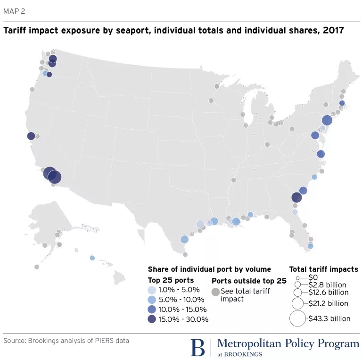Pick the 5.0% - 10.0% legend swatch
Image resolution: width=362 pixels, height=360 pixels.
point(151,300)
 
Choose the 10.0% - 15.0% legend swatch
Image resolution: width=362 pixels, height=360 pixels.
point(151,310)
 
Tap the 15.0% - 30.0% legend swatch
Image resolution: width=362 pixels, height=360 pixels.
point(151,319)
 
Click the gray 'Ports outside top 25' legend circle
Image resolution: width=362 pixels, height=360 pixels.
point(215,292)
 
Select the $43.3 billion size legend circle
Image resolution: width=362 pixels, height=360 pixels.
point(298,318)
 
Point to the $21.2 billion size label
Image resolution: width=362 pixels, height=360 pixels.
point(328,303)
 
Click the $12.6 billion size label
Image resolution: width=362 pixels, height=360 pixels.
point(328,293)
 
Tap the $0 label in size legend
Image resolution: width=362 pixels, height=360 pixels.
point(313,277)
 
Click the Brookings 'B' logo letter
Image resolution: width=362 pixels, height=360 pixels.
point(198,347)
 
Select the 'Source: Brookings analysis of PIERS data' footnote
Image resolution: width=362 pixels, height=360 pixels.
point(66,340)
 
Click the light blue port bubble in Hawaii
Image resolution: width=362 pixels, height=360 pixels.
point(92,258)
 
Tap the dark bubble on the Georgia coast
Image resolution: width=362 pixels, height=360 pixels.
point(296,198)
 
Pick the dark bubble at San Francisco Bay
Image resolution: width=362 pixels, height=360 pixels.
point(31,136)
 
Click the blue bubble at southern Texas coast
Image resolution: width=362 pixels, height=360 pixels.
point(184,239)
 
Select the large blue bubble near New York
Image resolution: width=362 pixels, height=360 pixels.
point(327,120)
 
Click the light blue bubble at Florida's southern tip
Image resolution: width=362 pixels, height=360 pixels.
point(310,246)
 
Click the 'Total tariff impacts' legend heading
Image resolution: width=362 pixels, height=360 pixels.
point(323,269)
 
